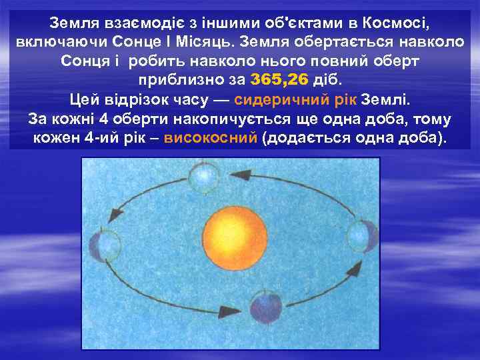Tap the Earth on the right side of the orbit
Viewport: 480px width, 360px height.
point(362,237)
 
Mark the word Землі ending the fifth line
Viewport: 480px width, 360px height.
point(388,101)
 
